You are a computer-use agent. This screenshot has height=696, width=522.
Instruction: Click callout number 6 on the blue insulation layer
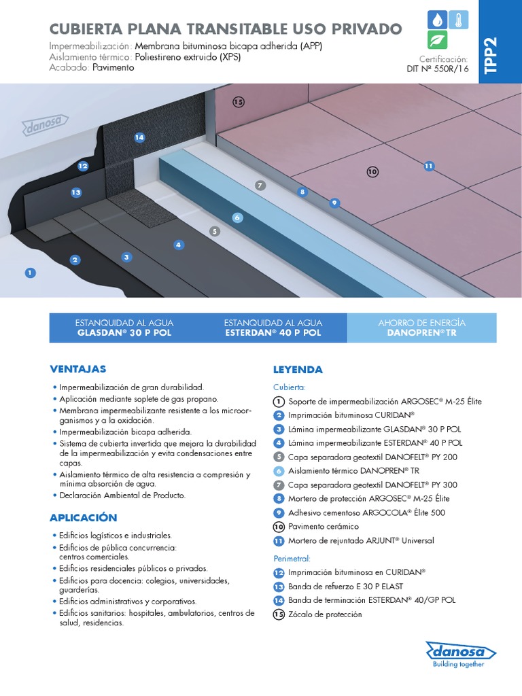tap(237, 217)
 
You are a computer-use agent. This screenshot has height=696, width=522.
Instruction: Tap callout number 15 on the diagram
tap(238, 102)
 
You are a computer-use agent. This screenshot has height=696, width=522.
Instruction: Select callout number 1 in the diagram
tap(29, 273)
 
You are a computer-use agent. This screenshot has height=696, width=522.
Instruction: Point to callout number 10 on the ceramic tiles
tap(372, 172)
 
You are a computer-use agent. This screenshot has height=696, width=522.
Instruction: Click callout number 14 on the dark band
tap(139, 137)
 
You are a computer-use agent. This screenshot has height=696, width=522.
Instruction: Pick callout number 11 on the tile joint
tap(428, 166)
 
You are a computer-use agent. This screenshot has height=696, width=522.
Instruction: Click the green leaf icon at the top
tap(436, 40)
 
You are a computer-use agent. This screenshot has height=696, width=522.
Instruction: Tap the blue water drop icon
tap(436, 18)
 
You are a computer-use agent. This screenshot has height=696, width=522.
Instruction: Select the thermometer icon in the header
tap(457, 18)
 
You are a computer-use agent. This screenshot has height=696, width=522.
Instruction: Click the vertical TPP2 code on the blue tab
tap(492, 54)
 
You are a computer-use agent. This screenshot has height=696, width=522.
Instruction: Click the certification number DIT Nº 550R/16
tap(438, 69)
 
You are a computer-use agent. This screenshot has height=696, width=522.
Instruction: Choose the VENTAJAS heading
tap(78, 369)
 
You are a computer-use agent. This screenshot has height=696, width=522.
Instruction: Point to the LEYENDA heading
tap(298, 370)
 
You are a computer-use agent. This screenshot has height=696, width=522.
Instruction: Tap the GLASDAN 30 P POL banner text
tap(124, 333)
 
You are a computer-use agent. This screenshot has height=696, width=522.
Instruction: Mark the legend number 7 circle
tap(279, 485)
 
